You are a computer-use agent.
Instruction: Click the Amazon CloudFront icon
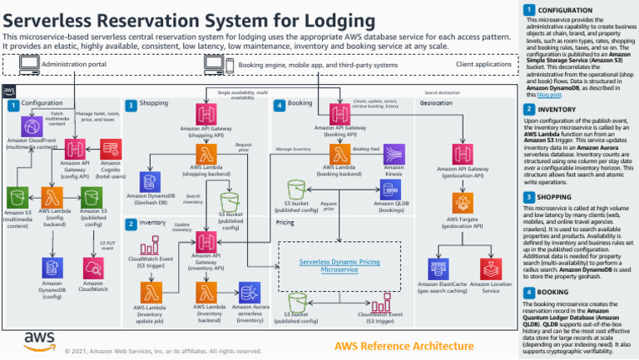32,126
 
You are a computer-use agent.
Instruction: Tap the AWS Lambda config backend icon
52,197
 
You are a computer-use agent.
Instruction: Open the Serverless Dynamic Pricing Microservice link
339,265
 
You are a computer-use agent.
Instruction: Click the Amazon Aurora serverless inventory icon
248,291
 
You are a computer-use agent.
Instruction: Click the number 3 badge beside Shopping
131,105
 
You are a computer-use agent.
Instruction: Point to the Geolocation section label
434,104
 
